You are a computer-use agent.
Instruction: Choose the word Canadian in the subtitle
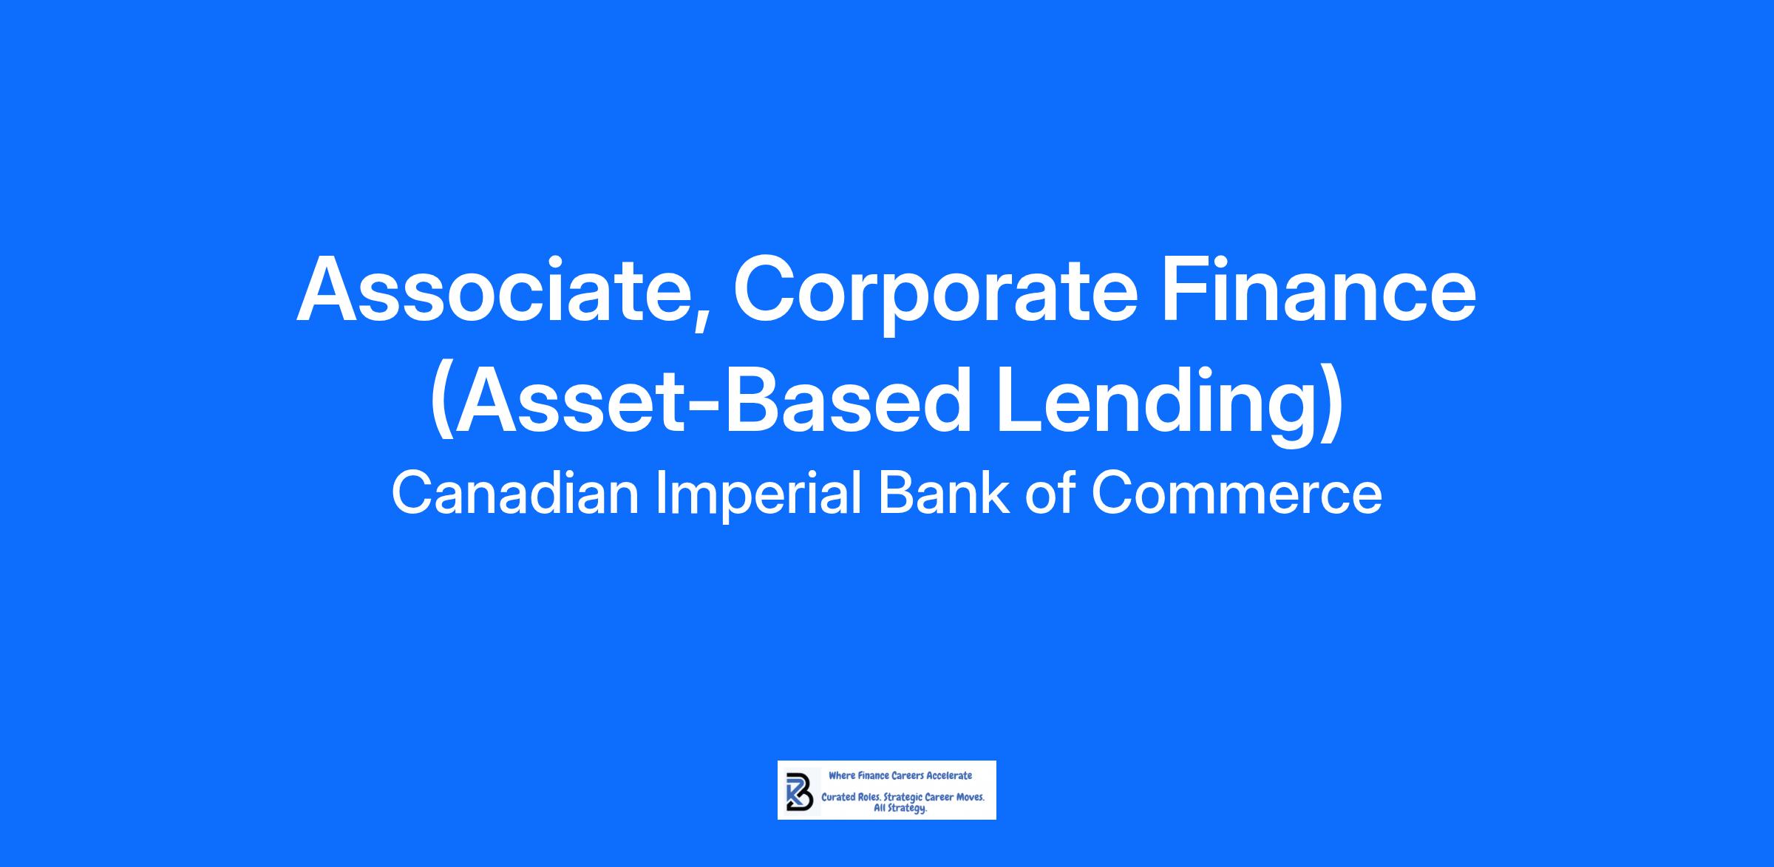point(515,494)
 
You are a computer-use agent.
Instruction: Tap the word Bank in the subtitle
point(943,494)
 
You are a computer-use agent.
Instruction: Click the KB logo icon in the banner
point(798,790)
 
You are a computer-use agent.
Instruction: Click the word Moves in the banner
point(971,798)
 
